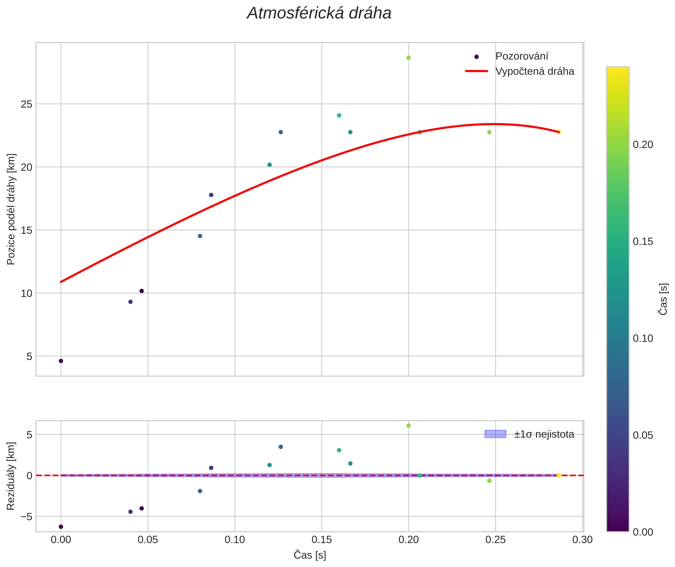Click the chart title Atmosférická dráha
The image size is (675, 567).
click(x=319, y=14)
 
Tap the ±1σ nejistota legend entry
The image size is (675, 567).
click(x=544, y=434)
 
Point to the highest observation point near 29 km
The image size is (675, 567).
click(x=408, y=58)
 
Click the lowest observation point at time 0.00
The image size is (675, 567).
click(x=61, y=361)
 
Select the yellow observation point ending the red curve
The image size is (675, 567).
click(x=559, y=132)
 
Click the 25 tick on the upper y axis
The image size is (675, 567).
click(x=26, y=104)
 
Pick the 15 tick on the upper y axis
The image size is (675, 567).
click(x=26, y=230)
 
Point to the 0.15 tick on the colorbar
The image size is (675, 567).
click(x=643, y=241)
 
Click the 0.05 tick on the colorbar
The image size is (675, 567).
click(x=643, y=435)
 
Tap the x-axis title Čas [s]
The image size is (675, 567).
click(x=310, y=555)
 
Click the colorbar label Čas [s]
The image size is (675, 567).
click(x=663, y=299)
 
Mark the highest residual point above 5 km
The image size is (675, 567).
click(x=408, y=426)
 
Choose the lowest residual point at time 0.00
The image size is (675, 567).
click(x=61, y=526)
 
